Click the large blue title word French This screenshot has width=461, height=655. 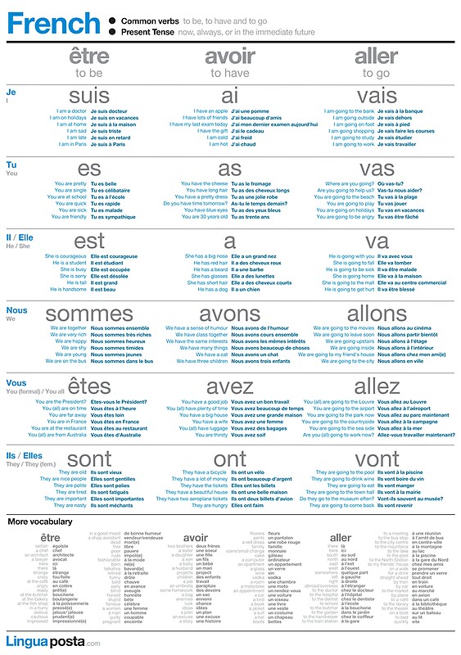pyautogui.click(x=53, y=24)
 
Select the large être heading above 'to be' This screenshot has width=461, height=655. pyautogui.click(x=88, y=57)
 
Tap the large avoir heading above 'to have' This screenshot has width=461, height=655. pyautogui.click(x=230, y=57)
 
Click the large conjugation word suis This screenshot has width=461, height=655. pyautogui.click(x=89, y=97)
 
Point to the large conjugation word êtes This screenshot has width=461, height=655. pyautogui.click(x=89, y=386)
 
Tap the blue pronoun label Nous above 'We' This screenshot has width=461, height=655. pyautogui.click(x=16, y=310)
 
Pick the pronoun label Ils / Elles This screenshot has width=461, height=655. pyautogui.click(x=24, y=455)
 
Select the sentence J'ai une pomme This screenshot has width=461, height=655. pyautogui.click(x=250, y=111)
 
